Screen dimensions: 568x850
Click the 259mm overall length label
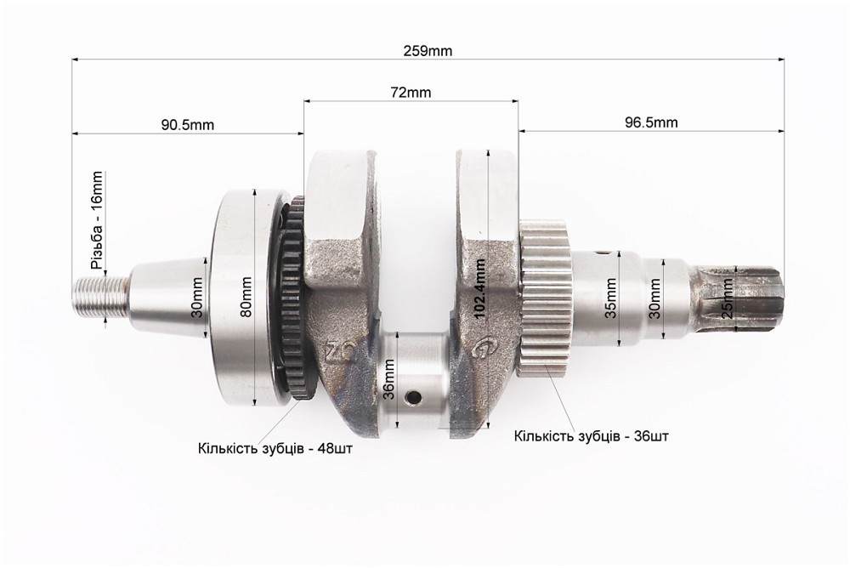[428, 51]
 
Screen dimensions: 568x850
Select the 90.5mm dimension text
[187, 124]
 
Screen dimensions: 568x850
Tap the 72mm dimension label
[411, 92]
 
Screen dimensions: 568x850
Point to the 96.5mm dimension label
[651, 122]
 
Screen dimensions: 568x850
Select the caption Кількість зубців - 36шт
[591, 436]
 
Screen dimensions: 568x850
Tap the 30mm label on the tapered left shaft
[197, 294]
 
